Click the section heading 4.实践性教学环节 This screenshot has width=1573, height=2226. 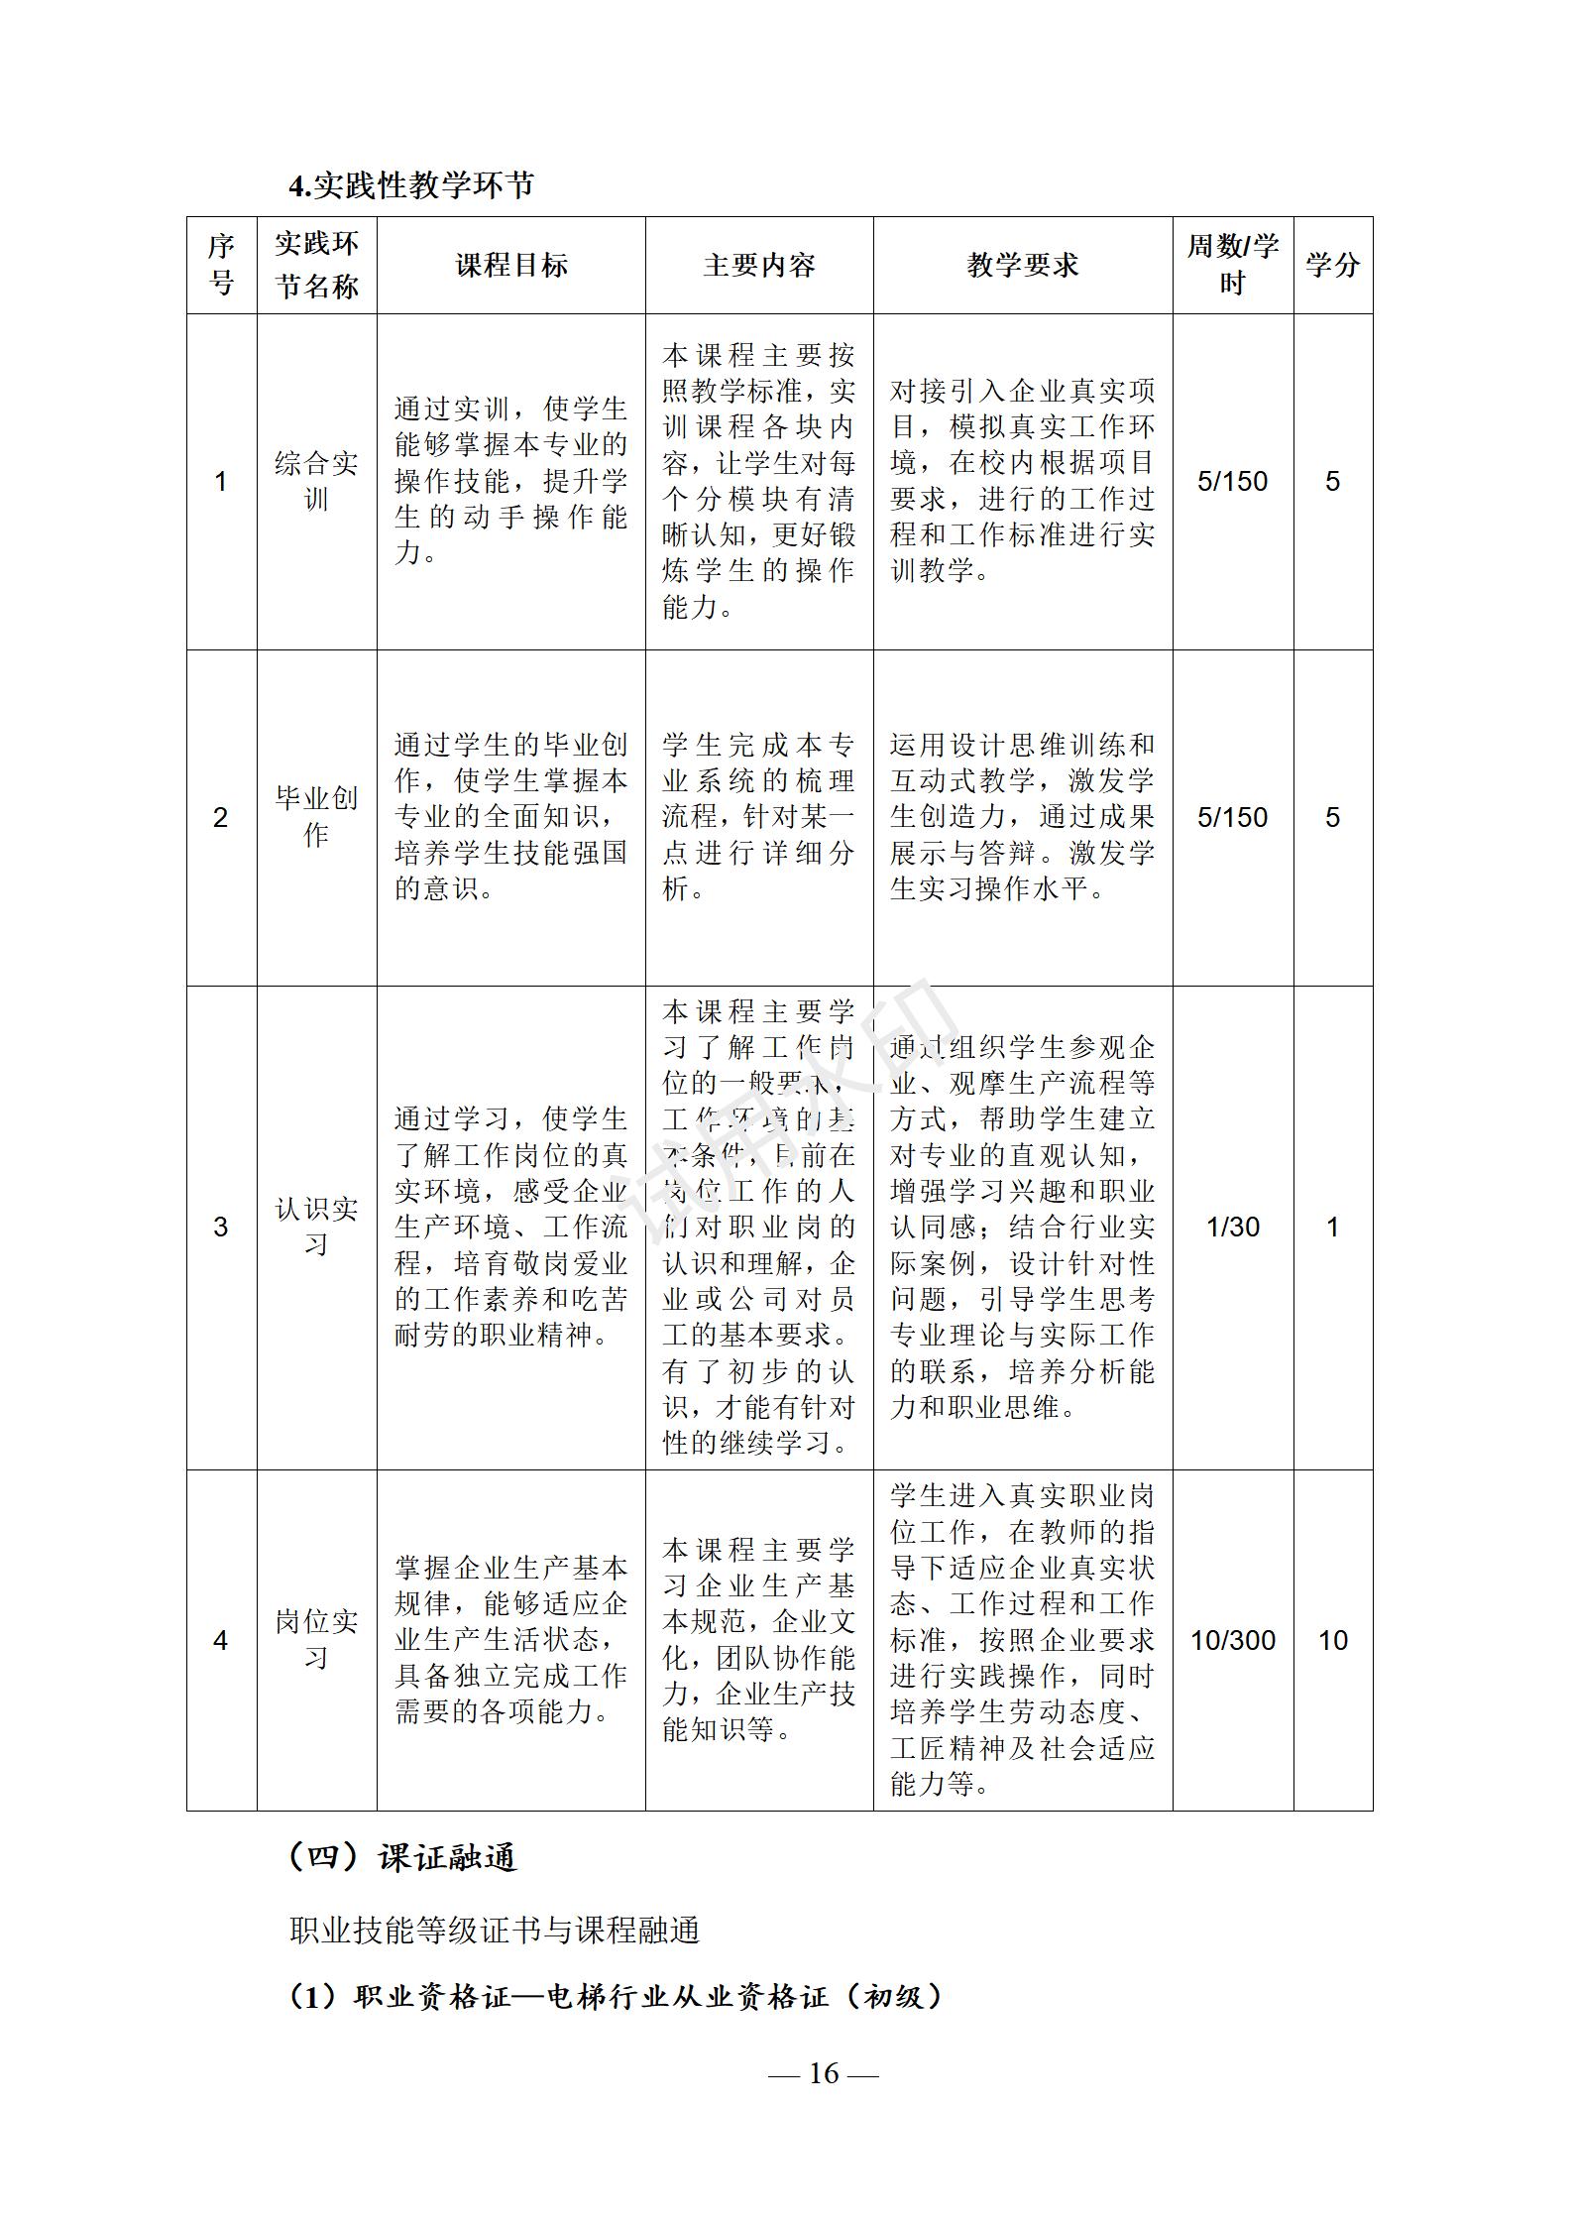point(411,185)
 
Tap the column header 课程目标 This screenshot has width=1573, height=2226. point(511,266)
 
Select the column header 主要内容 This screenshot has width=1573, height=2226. point(759,266)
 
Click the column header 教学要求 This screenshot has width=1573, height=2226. point(1022,266)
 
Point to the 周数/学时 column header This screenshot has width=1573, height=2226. point(1233,265)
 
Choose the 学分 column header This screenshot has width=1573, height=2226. point(1332,266)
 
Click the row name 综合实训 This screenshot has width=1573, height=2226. point(316,481)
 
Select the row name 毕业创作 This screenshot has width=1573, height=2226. point(316,817)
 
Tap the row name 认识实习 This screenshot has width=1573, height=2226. point(316,1227)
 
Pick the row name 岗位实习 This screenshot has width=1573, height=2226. point(316,1640)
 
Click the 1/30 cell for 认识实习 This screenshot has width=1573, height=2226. point(1233,1228)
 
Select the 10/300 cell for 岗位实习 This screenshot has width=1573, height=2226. point(1233,1641)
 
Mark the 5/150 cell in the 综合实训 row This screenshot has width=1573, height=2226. point(1233,482)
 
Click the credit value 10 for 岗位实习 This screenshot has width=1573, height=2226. point(1332,1641)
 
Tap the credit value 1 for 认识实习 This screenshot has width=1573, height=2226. point(1332,1228)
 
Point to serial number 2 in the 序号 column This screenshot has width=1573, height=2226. point(221,818)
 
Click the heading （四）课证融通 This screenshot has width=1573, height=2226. point(401,1857)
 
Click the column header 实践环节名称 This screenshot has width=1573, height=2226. point(316,265)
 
